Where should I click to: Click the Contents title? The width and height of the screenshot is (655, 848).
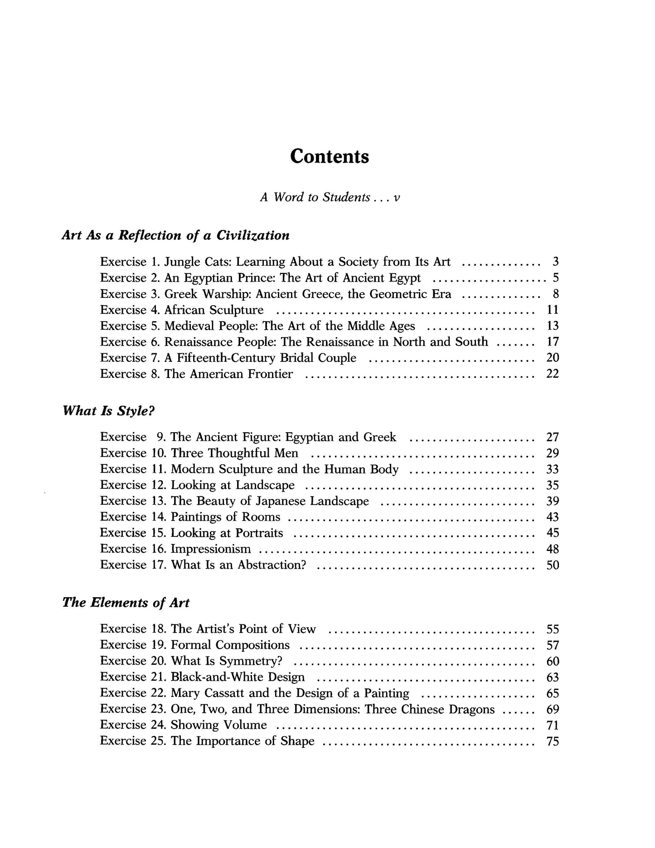(x=330, y=156)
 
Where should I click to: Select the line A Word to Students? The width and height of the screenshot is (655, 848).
(x=330, y=198)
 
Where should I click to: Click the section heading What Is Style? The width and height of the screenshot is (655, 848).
(x=109, y=411)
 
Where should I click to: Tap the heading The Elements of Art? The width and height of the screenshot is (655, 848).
(x=126, y=603)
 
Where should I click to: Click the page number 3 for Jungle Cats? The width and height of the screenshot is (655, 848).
(x=555, y=262)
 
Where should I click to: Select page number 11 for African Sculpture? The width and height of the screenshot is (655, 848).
(x=553, y=310)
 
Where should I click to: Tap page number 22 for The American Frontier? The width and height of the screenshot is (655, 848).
(x=553, y=374)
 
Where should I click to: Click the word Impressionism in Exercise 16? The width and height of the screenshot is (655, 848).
(x=211, y=549)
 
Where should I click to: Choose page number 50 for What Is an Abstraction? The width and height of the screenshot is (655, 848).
(x=553, y=565)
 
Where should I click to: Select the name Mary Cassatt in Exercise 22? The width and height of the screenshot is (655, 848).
(x=208, y=693)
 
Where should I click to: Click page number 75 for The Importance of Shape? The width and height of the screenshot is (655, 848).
(x=553, y=741)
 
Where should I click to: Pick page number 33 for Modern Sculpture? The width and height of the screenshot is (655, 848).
(x=553, y=469)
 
